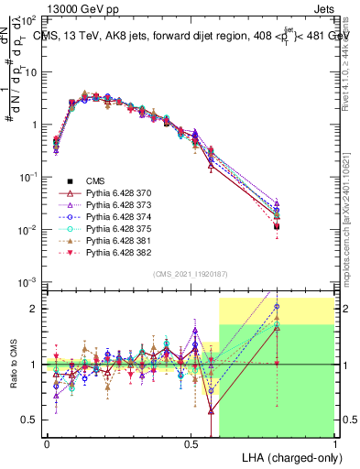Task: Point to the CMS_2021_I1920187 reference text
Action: [191, 273]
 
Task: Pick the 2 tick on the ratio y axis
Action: [36, 309]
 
